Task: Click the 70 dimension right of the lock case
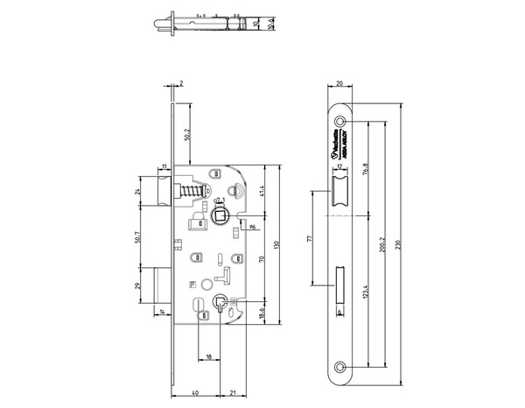coord(262,259)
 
